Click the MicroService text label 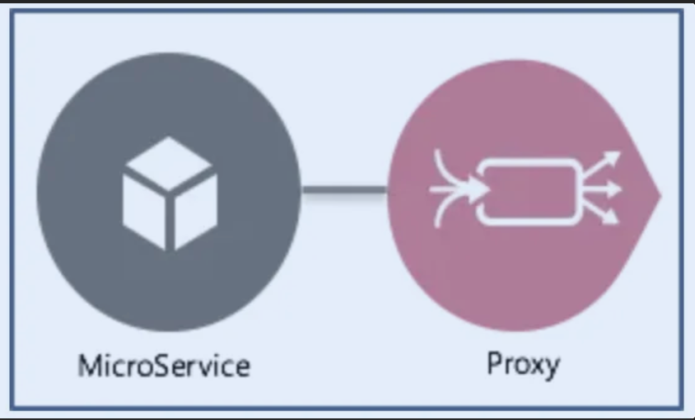[x=163, y=364]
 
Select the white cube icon [x=170, y=193]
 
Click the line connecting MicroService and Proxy [x=343, y=191]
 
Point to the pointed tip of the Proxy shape [x=659, y=194]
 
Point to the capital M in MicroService [x=89, y=364]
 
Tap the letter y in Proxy [x=551, y=367]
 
